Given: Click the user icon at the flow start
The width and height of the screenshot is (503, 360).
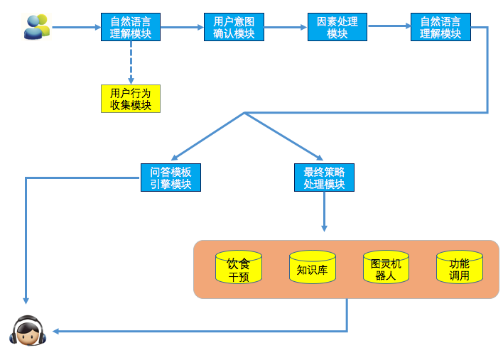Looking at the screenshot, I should point(36,27).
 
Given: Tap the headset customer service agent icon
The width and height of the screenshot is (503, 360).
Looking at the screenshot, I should point(28,331).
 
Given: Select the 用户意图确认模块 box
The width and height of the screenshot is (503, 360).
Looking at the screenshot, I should point(234,27).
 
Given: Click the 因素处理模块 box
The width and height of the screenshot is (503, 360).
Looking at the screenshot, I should point(337,27).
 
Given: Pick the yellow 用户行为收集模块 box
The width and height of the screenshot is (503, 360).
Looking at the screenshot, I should point(131,99).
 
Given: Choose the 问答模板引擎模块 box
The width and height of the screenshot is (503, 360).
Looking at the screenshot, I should point(171,178).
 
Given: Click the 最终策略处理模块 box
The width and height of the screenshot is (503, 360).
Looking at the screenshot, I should point(324,178).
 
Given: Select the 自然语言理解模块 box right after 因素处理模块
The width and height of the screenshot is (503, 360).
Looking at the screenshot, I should point(440,27).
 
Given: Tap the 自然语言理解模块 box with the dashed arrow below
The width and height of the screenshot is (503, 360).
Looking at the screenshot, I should point(131,27).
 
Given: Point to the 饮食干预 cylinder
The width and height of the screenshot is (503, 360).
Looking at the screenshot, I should point(239,268).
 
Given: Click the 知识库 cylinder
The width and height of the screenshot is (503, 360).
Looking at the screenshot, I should point(312,268).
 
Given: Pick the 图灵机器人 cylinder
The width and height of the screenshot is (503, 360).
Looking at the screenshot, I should point(386,268).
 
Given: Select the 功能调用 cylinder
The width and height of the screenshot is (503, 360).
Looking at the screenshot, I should point(459,268).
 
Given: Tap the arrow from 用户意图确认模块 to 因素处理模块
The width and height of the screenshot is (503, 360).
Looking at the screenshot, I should point(286,28).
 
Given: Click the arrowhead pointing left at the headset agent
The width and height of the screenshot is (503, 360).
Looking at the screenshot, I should point(57,331).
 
